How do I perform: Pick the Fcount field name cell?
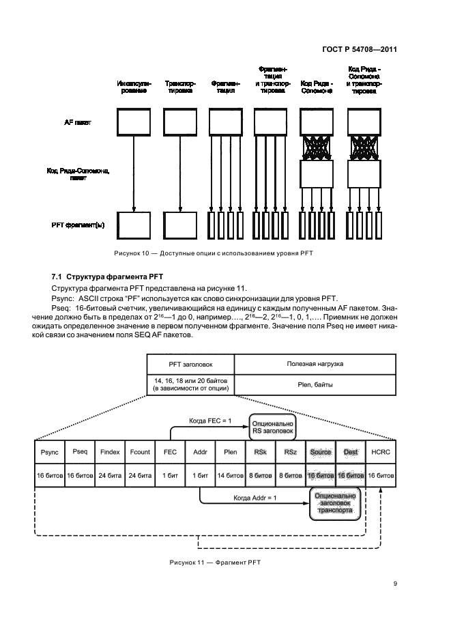141,452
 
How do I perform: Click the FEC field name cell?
171,452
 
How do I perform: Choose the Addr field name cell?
200,452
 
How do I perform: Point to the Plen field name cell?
230,452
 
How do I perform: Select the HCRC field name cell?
380,452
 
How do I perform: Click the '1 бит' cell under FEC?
171,474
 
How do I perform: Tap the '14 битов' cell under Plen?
230,474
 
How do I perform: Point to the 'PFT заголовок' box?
190,364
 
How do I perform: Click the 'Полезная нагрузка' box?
315,364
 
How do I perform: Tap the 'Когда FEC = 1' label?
206,421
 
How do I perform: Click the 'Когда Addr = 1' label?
254,499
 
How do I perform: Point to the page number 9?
395,583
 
